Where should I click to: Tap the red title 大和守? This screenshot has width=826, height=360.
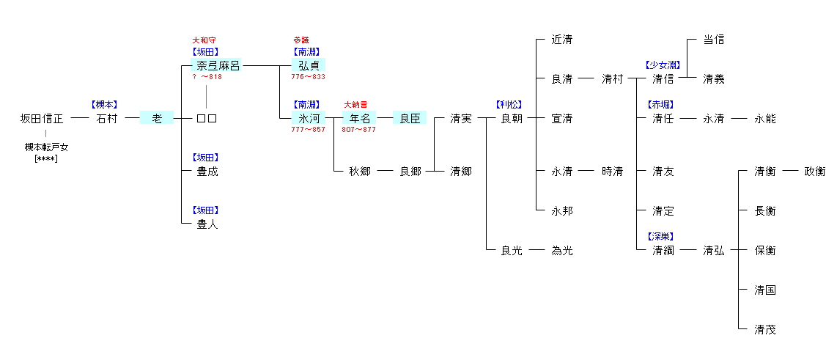[204, 40]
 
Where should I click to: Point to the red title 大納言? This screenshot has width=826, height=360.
[356, 105]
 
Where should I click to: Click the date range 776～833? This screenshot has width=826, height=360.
[308, 77]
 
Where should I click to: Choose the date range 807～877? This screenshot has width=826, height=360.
[358, 130]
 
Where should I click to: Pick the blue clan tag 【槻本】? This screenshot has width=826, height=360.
[105, 105]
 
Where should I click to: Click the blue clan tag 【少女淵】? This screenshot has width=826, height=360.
[663, 65]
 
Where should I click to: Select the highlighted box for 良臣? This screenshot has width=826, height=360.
[409, 119]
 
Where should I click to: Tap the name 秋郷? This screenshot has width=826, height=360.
[359, 172]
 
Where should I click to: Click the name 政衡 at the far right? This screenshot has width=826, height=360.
[814, 172]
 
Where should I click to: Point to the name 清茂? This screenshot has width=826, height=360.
[764, 330]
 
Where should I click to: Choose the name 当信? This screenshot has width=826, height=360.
[713, 40]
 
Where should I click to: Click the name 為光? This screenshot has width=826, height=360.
[562, 251]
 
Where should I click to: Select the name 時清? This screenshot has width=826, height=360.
[612, 172]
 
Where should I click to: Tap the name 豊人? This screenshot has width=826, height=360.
[207, 225]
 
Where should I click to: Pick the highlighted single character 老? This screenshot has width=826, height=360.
[156, 119]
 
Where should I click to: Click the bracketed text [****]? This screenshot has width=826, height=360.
[46, 158]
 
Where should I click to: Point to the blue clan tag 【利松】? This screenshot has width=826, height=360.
[511, 105]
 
